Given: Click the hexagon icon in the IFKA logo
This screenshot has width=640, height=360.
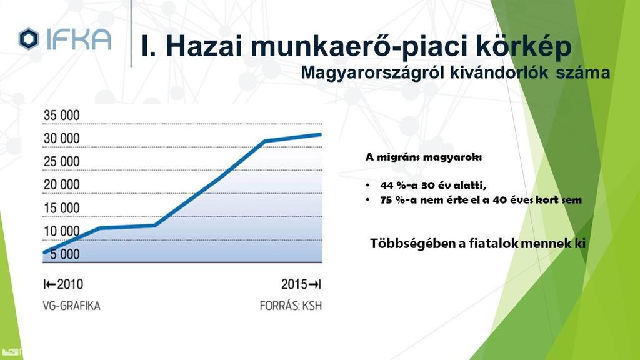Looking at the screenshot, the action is pos(29,39).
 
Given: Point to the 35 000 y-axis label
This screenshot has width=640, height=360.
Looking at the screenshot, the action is pos(62,115).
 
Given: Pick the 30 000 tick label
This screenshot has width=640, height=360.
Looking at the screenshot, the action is pos(62,138).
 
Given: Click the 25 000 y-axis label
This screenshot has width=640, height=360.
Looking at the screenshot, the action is pos(62,162).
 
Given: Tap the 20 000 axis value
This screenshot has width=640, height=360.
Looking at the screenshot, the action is pos(62,184).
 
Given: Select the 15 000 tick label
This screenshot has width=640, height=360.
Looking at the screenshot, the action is pos(62,208).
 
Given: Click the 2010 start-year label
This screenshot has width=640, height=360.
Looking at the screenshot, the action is pos(70,284).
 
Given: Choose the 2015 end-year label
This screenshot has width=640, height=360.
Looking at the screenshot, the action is pos(294,284).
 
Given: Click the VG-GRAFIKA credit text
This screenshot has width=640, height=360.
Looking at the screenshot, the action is pos(71,306).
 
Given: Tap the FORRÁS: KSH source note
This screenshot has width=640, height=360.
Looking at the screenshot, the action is pos(291,306).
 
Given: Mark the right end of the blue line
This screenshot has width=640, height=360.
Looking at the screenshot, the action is pos(320,134).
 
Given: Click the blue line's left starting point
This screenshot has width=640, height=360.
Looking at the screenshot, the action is pos(44,252).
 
